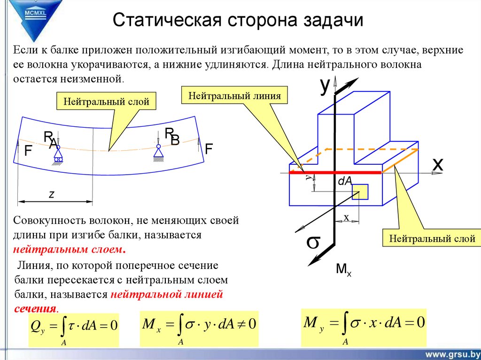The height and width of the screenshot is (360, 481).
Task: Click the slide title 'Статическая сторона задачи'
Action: click(238, 21)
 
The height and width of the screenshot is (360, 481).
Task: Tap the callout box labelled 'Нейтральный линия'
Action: click(234, 96)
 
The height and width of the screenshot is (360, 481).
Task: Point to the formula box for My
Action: click(364, 326)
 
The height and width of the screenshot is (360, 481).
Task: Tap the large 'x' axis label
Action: click(437, 164)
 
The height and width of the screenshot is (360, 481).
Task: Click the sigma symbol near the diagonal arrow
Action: click(313, 242)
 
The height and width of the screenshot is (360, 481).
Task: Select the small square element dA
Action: click(360, 191)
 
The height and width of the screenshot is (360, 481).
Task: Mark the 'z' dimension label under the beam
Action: click(52, 194)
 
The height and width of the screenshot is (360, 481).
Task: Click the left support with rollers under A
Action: click(58, 154)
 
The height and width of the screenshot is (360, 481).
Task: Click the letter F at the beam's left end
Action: click(28, 151)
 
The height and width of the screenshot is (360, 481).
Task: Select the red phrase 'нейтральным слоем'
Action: click(70, 248)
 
